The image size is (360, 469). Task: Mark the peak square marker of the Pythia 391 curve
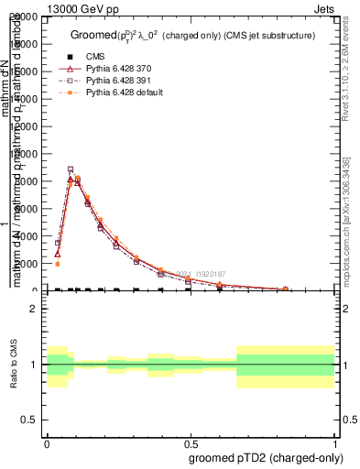click(x=71, y=169)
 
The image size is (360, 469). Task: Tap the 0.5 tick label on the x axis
click(x=191, y=442)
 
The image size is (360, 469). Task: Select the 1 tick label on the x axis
click(x=333, y=442)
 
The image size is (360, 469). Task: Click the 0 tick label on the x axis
click(x=47, y=442)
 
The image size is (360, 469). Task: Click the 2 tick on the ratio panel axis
click(x=35, y=310)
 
